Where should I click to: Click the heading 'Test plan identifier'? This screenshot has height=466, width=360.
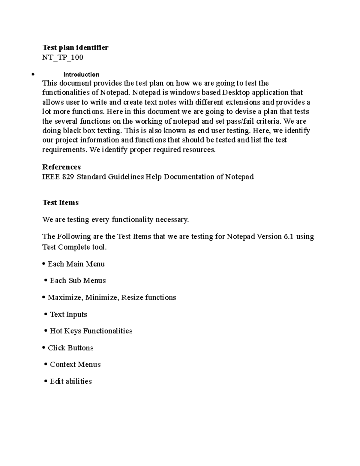[x=75, y=47]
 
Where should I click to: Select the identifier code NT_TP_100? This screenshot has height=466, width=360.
[x=63, y=57]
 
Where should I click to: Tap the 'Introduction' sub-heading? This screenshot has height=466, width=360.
[x=81, y=74]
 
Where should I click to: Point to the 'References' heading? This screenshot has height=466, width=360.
[x=61, y=167]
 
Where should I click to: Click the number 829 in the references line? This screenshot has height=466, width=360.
[x=68, y=177]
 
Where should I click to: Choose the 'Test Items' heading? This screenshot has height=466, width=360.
[x=61, y=203]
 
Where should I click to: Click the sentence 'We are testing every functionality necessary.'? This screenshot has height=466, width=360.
[x=115, y=220]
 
